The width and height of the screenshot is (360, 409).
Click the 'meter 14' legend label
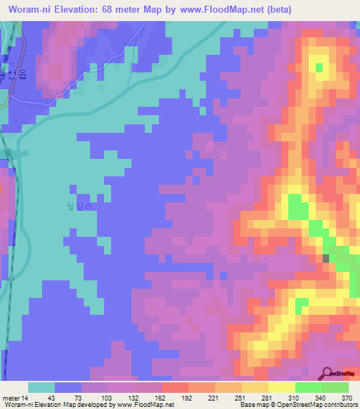click(15, 397)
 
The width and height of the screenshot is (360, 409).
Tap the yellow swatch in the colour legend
click(282, 387)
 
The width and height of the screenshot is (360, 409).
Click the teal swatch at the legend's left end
click(41, 387)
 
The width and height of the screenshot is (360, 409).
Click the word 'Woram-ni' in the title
click(30, 9)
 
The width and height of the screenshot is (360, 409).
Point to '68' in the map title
click(111, 9)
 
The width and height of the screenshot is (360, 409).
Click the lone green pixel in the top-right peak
click(319, 67)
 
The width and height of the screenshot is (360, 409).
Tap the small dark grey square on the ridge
click(326, 259)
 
